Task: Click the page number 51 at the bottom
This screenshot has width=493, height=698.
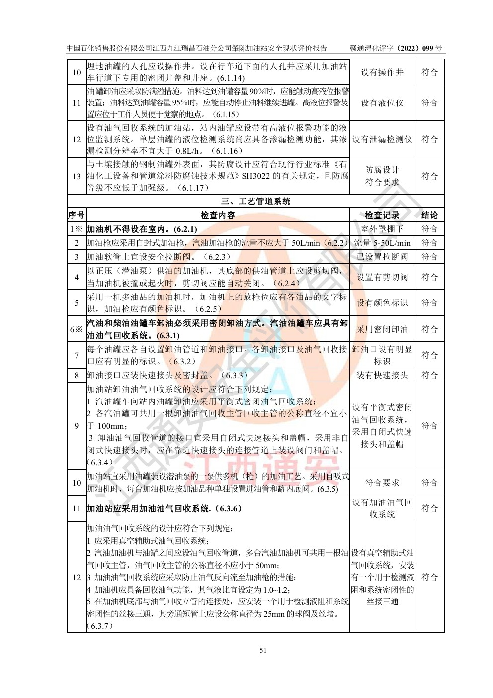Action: click(x=263, y=650)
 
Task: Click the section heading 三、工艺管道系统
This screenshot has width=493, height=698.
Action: click(x=255, y=201)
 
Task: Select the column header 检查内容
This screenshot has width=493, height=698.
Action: click(x=218, y=215)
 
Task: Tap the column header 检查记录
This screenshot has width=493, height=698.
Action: click(x=382, y=215)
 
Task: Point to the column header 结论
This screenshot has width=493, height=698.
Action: click(x=429, y=215)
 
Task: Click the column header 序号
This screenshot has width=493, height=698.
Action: click(x=77, y=215)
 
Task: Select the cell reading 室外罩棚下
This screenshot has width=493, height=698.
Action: click(x=382, y=229)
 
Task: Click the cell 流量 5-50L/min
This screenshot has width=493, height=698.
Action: click(x=382, y=243)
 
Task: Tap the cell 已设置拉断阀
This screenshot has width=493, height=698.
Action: click(x=382, y=257)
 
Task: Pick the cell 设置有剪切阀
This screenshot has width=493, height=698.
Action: click(x=382, y=277)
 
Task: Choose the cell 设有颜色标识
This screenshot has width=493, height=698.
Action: click(x=382, y=303)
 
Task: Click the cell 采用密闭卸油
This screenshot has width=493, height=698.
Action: click(x=382, y=329)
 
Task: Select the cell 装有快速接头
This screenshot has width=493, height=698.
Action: click(x=382, y=375)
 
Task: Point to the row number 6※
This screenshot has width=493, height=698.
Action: click(x=77, y=329)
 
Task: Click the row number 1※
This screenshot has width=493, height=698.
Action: click(x=77, y=229)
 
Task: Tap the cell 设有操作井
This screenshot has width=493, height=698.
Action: click(x=382, y=72)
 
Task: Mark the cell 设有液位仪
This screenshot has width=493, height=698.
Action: click(x=382, y=103)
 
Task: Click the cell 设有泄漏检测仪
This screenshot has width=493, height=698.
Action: click(x=382, y=139)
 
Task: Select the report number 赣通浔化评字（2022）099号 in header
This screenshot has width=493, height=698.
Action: click(x=396, y=48)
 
